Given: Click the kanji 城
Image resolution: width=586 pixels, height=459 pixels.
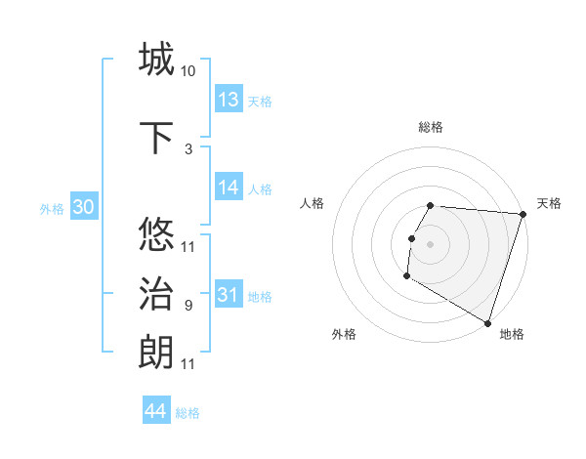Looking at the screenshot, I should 156,60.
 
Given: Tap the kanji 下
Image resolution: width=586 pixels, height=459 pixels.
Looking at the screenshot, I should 156,137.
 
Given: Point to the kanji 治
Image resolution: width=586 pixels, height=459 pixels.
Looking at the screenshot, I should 156,294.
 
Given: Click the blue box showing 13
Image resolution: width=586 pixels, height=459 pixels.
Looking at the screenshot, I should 229,100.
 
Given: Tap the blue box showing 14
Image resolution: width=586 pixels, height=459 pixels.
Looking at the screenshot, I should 229,188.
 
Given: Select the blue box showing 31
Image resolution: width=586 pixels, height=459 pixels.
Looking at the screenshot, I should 229,295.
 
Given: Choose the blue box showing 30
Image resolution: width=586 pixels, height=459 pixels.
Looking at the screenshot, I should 83,207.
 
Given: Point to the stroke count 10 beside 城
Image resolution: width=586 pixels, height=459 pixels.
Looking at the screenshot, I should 188,71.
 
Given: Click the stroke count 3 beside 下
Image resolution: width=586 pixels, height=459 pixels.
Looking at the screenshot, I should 188,148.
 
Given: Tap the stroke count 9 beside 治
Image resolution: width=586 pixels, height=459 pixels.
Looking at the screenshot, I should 188,306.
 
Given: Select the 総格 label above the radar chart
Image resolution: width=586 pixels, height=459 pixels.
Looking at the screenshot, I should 430,127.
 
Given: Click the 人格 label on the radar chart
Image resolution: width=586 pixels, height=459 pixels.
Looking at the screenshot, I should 313,203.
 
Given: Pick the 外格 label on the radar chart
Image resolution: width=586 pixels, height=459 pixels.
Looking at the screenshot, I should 344,334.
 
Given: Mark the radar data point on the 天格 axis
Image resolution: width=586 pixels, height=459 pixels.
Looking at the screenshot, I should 523,214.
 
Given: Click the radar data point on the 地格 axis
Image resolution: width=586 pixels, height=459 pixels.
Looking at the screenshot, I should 487,322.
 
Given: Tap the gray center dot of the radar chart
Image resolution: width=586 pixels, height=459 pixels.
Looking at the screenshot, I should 430,243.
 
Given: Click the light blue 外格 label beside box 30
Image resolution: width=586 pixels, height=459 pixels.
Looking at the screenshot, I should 52,208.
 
